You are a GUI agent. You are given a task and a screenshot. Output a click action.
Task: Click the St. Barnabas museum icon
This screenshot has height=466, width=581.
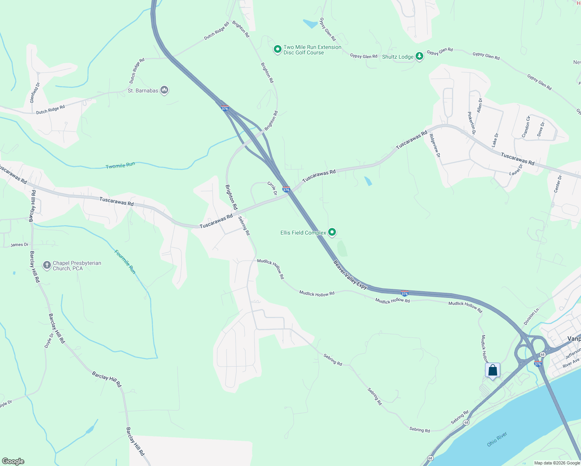[x=164, y=90]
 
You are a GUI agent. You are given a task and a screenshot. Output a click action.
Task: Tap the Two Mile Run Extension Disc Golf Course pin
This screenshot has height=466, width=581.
[x=277, y=49]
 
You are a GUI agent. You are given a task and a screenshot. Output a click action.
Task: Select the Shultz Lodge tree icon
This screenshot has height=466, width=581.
[x=419, y=57]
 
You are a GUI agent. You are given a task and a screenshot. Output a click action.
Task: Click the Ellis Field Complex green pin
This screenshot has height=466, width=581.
[x=332, y=232]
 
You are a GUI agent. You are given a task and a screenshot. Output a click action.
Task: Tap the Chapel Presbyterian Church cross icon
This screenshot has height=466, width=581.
[x=47, y=265]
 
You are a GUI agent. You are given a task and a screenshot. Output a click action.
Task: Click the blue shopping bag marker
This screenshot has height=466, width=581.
[x=492, y=370]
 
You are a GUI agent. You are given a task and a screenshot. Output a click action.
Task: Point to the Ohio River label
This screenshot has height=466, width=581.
[x=497, y=439]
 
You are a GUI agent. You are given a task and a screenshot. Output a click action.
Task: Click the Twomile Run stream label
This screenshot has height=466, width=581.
[x=120, y=165]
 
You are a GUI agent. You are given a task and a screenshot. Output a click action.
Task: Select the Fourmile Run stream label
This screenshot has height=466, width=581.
[x=125, y=261]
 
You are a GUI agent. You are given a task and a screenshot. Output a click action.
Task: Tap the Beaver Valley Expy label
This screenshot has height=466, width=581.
[x=350, y=275]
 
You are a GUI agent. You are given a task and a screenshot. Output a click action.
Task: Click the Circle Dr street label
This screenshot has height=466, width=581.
[x=273, y=188]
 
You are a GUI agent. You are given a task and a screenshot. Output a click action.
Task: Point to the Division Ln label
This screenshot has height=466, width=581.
[x=531, y=316]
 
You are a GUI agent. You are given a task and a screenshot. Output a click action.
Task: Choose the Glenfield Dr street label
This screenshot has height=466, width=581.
[x=35, y=92]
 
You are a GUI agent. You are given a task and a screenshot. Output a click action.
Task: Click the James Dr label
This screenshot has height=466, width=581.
[x=19, y=245]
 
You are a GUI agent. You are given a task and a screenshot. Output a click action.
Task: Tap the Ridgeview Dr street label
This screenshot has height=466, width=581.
[x=435, y=145]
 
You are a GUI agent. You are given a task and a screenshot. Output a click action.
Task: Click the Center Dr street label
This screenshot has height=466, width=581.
[x=558, y=184]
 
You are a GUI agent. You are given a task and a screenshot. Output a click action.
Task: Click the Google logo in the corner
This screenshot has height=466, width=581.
[x=13, y=461]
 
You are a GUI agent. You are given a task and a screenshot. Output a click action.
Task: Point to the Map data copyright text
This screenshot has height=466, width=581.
[x=557, y=463]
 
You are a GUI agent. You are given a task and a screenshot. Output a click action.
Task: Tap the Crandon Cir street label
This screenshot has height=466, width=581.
[x=525, y=127]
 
